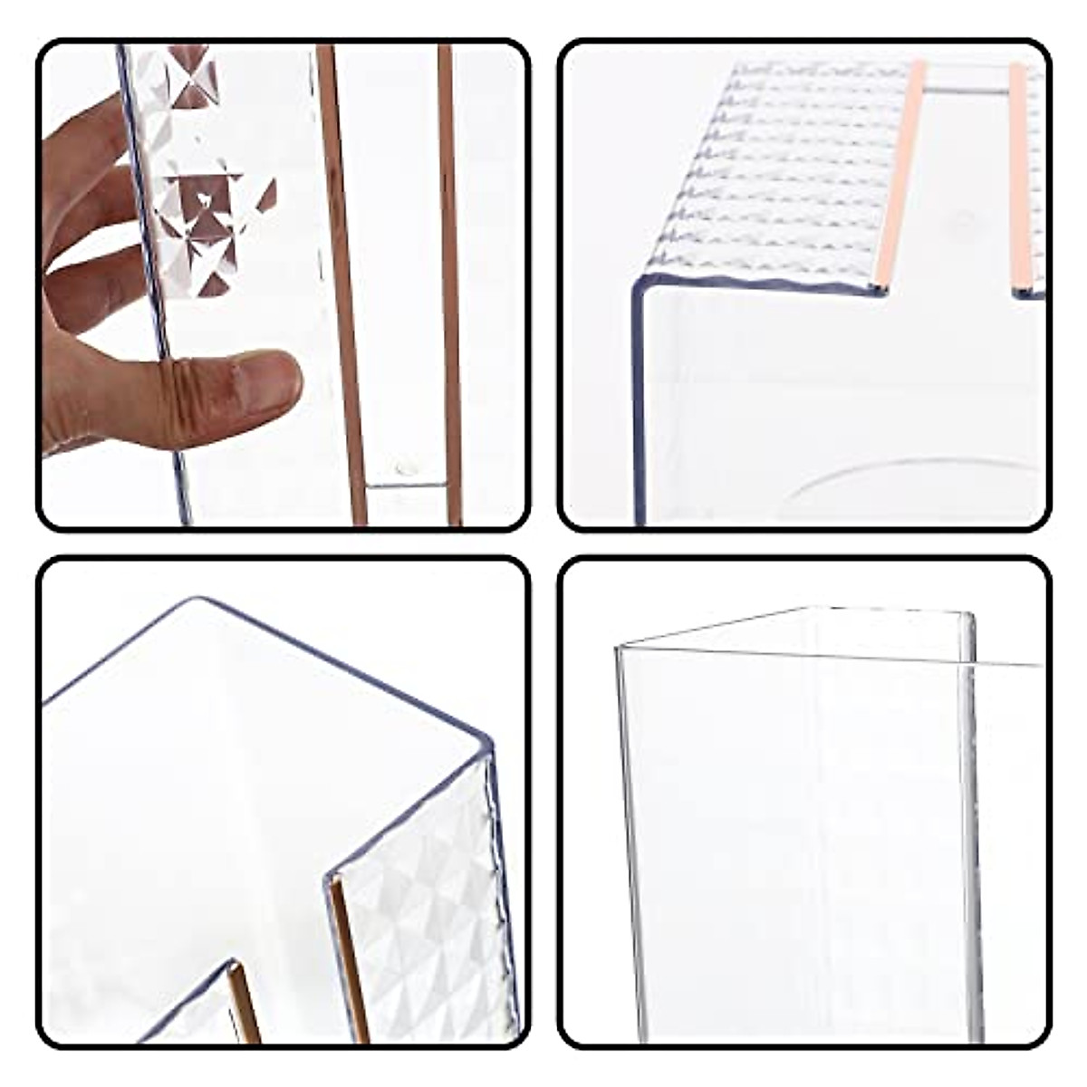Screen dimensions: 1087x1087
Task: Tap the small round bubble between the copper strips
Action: click(x=402, y=468)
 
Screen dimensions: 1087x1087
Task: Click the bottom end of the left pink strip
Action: click(x=878, y=288)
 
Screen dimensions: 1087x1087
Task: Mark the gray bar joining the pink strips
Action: click(x=968, y=91)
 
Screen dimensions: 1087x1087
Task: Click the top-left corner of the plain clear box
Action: click(x=619, y=647)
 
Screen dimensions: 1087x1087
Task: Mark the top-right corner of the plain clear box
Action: click(x=969, y=616)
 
